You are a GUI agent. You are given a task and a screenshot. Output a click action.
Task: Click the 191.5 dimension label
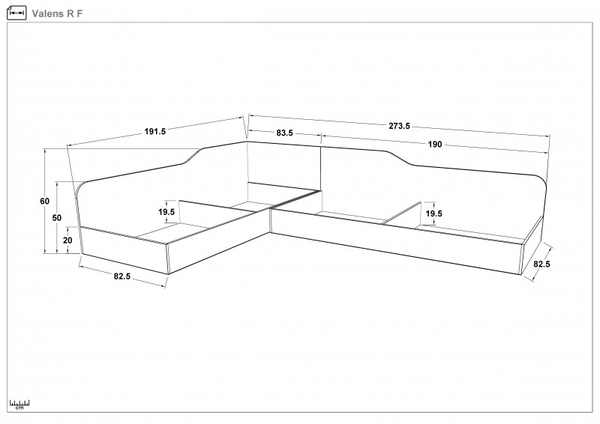pyautogui.click(x=155, y=132)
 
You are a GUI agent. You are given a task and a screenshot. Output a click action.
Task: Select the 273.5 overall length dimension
pyautogui.click(x=399, y=126)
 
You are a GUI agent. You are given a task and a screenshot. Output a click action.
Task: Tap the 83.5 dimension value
pyautogui.click(x=284, y=133)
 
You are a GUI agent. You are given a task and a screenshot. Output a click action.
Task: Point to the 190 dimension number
pyautogui.click(x=435, y=144)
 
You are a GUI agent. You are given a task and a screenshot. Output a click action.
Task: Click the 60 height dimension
pyautogui.click(x=45, y=201)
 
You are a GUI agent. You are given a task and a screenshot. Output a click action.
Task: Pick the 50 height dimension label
pyautogui.click(x=57, y=218)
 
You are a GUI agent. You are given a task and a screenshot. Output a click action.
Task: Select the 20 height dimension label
pyautogui.click(x=67, y=240)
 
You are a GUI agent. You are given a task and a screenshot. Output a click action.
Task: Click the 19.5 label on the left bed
pyautogui.click(x=166, y=212)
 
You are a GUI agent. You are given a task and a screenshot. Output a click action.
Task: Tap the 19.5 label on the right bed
pyautogui.click(x=433, y=213)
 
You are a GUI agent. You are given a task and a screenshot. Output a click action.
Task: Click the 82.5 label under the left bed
pyautogui.click(x=122, y=276)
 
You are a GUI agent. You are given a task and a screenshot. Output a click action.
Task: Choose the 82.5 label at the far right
pyautogui.click(x=541, y=264)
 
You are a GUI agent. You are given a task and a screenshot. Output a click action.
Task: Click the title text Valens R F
pyautogui.click(x=57, y=13)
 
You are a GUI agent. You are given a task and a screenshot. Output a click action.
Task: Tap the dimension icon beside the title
pyautogui.click(x=16, y=13)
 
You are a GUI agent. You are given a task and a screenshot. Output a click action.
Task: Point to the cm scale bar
pyautogui.click(x=19, y=405)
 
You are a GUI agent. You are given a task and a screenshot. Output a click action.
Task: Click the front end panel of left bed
pyautogui.click(x=125, y=250)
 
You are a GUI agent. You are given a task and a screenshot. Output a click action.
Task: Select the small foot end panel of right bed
pyautogui.click(x=532, y=245)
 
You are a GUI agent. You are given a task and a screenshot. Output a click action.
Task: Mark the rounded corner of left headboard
pyautogui.click(x=81, y=189)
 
